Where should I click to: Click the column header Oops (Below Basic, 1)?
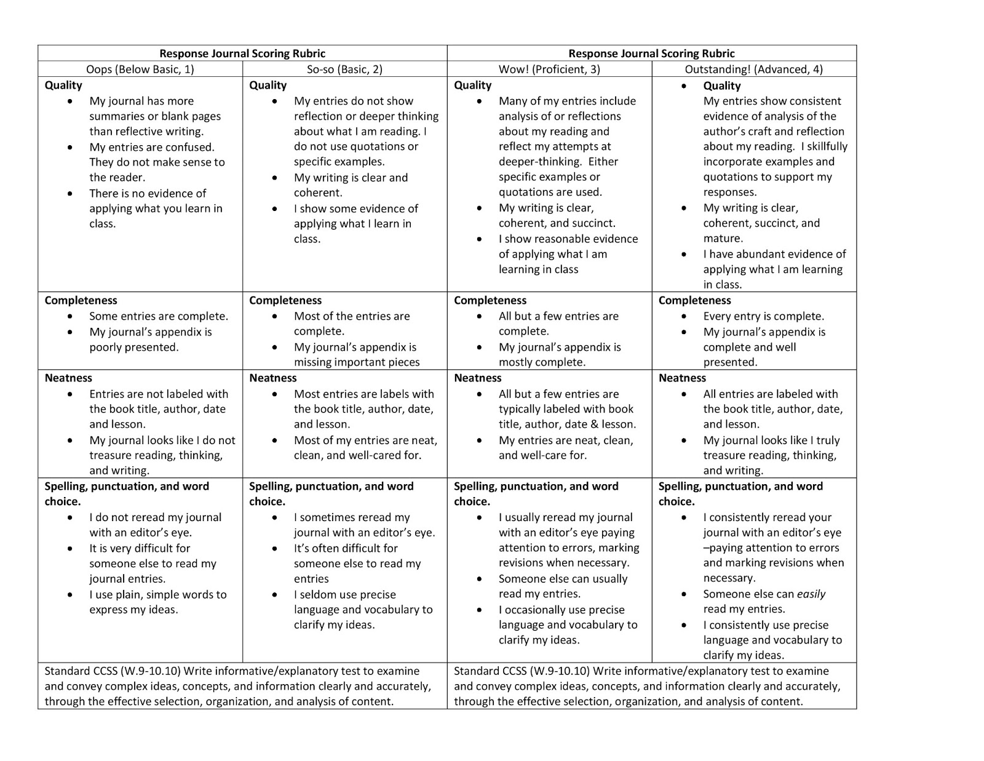(x=140, y=69)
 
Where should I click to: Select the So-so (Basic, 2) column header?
(x=344, y=69)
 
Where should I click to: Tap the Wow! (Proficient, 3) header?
(x=549, y=69)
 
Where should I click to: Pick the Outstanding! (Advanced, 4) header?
(x=753, y=69)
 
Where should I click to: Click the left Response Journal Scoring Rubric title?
(x=242, y=54)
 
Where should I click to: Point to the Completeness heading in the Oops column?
(x=81, y=300)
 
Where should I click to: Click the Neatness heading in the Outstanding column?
(x=682, y=378)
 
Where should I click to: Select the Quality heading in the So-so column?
(x=268, y=85)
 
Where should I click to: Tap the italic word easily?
(x=811, y=594)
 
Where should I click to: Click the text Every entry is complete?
(x=763, y=316)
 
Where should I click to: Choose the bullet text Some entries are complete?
(x=158, y=316)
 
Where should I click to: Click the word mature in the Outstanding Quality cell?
(x=722, y=238)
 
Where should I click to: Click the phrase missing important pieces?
(x=357, y=362)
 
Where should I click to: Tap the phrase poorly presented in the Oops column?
(x=133, y=347)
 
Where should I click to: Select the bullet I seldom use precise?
(x=344, y=594)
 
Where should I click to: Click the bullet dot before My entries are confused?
(x=74, y=147)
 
